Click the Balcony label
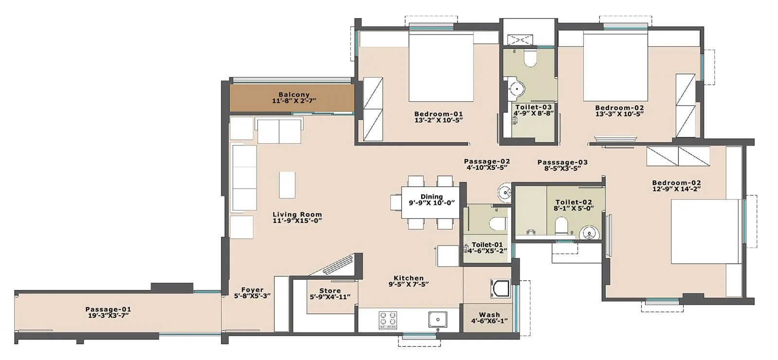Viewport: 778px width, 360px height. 294,95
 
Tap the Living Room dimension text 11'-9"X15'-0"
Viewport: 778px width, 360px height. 297,221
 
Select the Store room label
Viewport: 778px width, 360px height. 330,290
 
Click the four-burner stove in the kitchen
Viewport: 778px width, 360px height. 388,320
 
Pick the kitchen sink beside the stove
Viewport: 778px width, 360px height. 438,320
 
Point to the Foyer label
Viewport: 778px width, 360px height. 252,289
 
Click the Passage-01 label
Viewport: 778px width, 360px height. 108,309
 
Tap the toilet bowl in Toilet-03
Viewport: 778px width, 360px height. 530,59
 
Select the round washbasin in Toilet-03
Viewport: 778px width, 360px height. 516,89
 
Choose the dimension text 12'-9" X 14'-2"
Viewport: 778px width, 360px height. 676,189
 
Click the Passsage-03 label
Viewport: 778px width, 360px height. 562,162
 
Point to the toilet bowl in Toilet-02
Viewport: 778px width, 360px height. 561,226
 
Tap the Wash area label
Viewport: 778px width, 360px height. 489,315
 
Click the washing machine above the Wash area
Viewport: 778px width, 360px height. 500,288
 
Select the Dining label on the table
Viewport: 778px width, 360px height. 431,197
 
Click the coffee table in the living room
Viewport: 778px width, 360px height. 287,185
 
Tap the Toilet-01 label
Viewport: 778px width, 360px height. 487,245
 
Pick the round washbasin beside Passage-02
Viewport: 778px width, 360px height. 505,193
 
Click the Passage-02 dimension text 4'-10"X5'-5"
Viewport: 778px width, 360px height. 486,168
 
